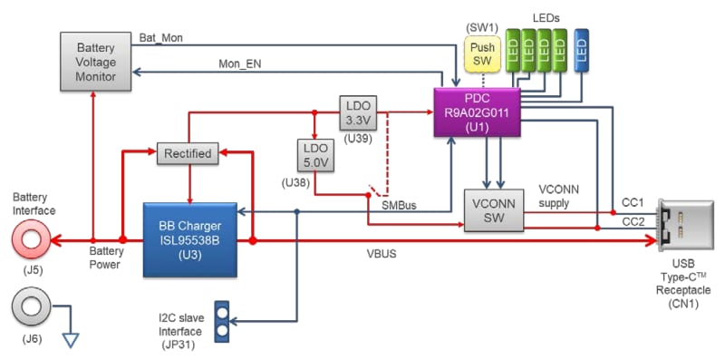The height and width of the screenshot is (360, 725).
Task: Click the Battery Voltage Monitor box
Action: pos(94,61)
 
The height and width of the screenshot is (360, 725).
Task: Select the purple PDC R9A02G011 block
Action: pos(477,113)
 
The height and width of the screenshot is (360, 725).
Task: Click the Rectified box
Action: pos(188,153)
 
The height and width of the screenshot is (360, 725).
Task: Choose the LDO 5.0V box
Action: pos(314,154)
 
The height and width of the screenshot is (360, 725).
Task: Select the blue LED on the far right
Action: pos(583,52)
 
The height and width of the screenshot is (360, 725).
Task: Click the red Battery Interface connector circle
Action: pos(33,241)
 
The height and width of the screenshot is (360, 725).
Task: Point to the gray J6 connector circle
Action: pos(33,306)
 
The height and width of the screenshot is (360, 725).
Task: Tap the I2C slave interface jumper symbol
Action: pos(220,322)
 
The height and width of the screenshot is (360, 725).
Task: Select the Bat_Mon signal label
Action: pos(159,37)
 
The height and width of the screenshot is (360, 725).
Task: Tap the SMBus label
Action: pos(399,205)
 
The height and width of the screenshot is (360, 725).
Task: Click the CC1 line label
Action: pos(632,201)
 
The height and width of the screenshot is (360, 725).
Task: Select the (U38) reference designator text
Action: pos(296,184)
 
